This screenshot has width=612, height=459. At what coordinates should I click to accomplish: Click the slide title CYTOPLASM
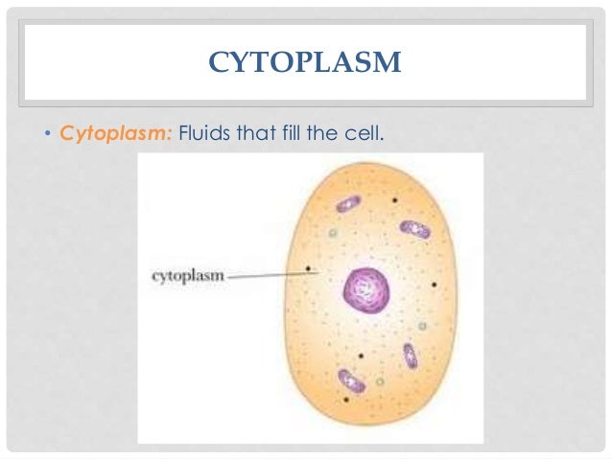coord(305,63)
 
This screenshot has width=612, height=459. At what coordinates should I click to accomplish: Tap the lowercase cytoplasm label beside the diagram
coord(188,276)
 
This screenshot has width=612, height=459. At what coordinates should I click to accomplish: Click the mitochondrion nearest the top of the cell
coord(347,204)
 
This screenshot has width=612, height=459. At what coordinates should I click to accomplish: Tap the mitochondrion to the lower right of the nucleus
coord(410,356)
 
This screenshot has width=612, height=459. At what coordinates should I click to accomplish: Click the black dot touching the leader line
coord(308,269)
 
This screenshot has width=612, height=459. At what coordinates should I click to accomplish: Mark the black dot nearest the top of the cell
coord(394,201)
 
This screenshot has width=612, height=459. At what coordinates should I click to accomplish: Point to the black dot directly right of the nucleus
coord(435,285)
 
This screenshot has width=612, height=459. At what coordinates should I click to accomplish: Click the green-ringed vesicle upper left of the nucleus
coord(333,233)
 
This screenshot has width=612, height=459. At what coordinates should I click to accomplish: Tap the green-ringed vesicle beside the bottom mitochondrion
coord(380,381)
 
